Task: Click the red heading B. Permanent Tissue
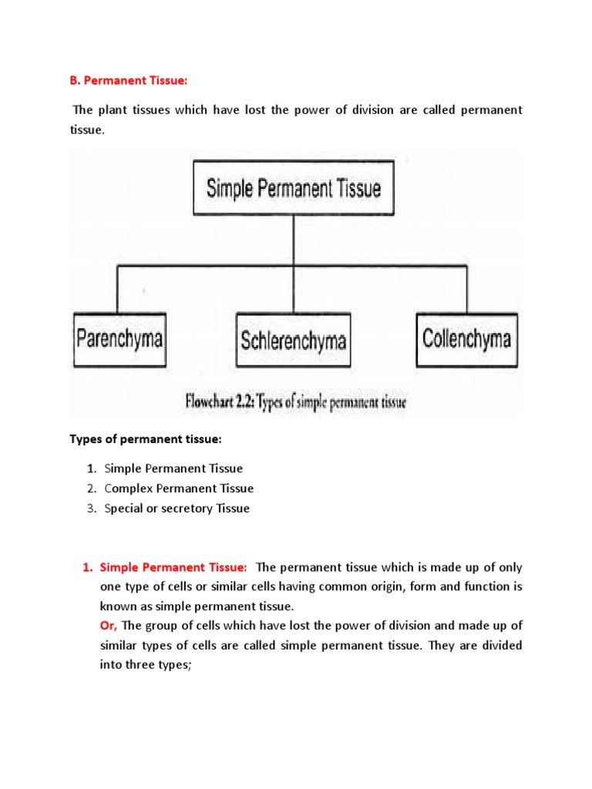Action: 124,81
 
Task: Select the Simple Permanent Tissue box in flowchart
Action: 293,187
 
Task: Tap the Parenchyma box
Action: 119,339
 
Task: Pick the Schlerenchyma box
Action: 293,340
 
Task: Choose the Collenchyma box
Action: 466,339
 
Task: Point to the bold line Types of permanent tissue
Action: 146,439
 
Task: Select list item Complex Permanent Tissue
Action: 179,489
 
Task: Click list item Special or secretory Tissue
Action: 177,509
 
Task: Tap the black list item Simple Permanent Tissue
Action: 173,468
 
